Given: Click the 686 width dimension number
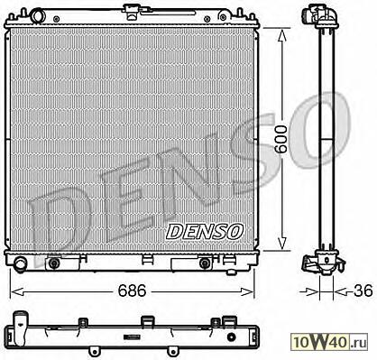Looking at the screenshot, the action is tap(132, 291).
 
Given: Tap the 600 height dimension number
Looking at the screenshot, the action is tap(281, 140).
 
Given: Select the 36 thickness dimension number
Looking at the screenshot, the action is tap(363, 291).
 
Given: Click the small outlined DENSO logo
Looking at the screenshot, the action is tap(204, 232).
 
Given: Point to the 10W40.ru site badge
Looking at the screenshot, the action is tap(329, 342).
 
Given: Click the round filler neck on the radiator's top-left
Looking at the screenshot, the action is tap(38, 14).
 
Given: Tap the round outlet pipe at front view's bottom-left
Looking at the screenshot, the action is tap(21, 263).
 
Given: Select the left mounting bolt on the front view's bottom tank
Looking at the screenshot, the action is tap(54, 263).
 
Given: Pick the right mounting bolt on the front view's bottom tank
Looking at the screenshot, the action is tap(205, 263).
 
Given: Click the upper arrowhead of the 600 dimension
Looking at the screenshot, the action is tap(281, 35).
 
